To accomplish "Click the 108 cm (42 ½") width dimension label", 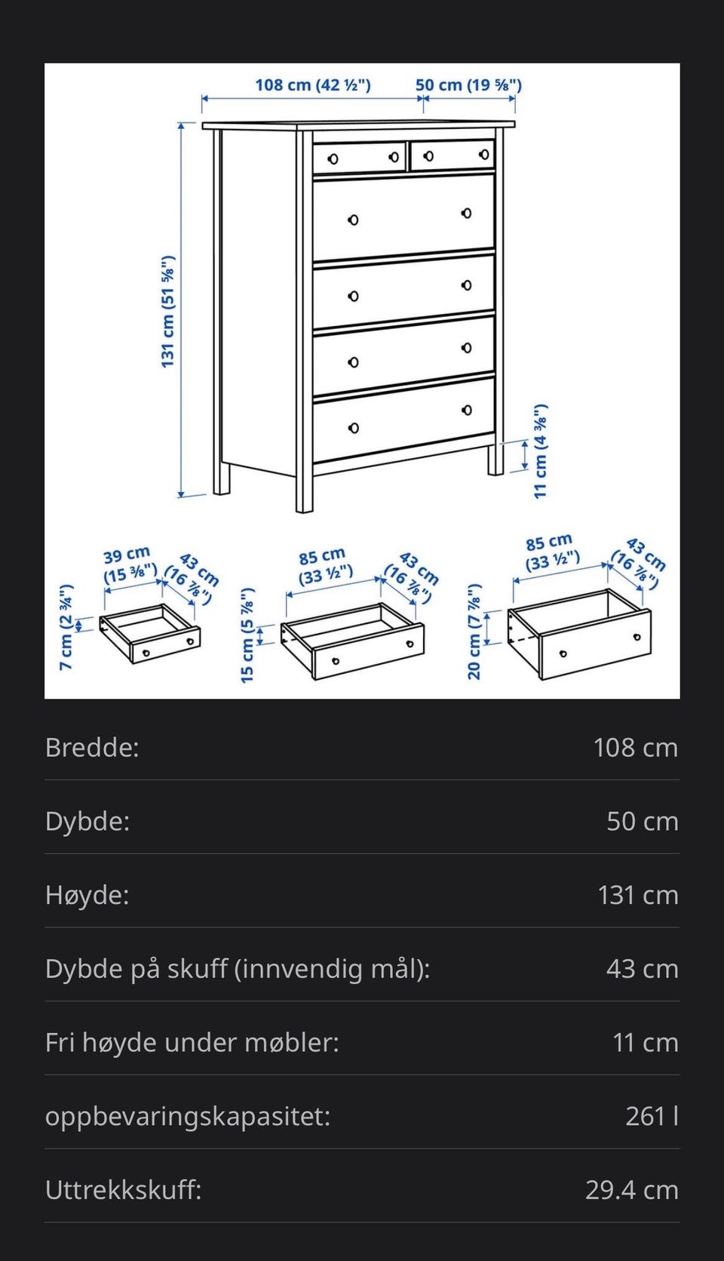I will (x=312, y=85).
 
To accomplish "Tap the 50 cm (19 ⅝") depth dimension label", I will (x=468, y=85).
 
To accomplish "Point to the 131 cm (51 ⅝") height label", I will (x=167, y=312).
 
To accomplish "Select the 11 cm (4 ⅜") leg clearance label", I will (x=541, y=451).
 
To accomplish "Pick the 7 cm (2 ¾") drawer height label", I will (x=66, y=626).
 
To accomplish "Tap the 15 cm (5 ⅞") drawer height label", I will (x=247, y=635).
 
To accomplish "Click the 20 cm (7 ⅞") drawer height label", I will (x=474, y=632).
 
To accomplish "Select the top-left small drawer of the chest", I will (x=360, y=158).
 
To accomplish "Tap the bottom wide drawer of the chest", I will (x=403, y=420).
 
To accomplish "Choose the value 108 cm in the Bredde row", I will (x=635, y=747).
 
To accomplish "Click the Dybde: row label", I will (x=87, y=821).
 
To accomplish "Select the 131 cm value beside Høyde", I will (x=637, y=895).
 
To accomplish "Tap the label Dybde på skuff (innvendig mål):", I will (x=238, y=968).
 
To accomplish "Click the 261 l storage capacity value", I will (x=652, y=1116).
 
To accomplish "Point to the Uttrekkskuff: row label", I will (x=124, y=1190).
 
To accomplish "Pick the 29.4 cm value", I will (x=631, y=1190).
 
